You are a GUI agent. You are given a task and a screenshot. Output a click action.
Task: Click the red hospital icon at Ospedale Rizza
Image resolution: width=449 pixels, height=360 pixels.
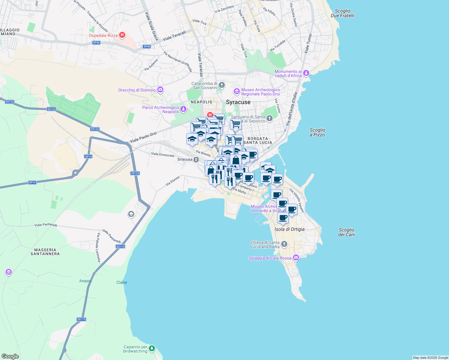coord(122,35)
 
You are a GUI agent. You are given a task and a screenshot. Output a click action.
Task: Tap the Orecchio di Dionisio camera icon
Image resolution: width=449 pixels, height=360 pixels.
coord(160,90)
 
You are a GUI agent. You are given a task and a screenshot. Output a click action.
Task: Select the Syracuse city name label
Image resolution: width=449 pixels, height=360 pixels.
coord(238,102)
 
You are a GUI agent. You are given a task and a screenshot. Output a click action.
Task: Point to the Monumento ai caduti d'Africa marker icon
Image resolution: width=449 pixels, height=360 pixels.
coord(306,73)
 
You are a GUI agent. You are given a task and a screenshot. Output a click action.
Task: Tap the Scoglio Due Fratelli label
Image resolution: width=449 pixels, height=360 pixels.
coord(342,13)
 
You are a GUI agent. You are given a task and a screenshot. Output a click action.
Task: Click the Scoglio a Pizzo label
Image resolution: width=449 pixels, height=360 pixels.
coord(317,132)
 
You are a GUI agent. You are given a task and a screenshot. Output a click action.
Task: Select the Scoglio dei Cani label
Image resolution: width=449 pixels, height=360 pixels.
coord(347,232)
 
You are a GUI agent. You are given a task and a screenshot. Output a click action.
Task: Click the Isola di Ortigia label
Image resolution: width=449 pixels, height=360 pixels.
coord(289,229)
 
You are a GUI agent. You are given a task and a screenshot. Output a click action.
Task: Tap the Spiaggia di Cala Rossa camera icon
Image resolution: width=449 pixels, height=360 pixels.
coord(296,258)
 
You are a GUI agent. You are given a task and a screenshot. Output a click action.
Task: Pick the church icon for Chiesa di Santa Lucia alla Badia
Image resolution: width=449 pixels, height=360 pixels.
coord(284,244)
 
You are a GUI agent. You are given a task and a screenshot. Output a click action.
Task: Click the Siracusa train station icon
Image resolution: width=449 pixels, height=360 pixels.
coord(196,159)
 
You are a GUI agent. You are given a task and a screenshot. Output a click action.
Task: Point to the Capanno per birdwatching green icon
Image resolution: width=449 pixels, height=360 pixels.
coord(152,348)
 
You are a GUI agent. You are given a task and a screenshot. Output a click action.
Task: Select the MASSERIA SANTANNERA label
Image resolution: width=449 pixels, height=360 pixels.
coord(45,252)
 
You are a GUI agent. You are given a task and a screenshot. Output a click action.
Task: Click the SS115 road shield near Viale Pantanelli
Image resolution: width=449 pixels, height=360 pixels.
coord(120,247)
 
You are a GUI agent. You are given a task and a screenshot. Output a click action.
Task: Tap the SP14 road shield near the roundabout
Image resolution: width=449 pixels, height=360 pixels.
coord(88,157)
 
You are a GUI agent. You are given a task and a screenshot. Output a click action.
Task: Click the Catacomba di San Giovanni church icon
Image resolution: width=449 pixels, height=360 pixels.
coord(221,85)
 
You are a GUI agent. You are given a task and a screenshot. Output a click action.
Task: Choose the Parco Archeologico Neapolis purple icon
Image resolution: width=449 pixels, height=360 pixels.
coord(183,109)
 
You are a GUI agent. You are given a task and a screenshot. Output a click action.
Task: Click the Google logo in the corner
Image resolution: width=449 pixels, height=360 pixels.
coord(10,356)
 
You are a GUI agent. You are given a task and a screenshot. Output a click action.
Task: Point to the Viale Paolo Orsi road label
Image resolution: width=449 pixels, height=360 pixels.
coord(143,137)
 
